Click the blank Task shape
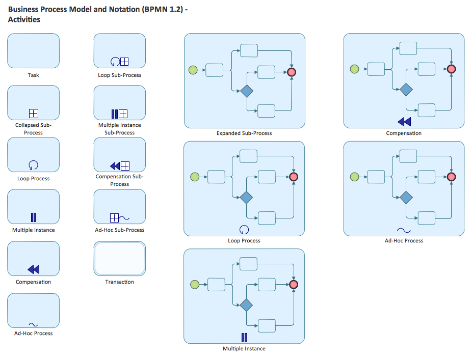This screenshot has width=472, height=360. pos(33,50)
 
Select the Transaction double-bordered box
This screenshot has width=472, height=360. pos(120,258)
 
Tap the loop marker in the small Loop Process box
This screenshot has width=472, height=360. pos(34,165)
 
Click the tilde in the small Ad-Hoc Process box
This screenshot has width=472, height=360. pos(34,324)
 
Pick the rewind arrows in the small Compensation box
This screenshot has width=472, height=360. pos(34,269)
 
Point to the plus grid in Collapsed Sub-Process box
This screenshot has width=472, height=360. pos(34,113)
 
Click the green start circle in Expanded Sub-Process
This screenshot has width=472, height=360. pos(193,70)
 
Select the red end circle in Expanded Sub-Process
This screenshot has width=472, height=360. pos(292,72)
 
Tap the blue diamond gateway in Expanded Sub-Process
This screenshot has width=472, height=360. pos(247,91)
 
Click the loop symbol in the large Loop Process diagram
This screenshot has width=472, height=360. pos(244,229)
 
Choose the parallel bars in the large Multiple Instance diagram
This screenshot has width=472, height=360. pos(244,337)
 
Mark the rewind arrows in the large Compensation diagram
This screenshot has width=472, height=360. pos(404,121)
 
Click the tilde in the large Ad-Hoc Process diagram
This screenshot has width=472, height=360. pos(404,230)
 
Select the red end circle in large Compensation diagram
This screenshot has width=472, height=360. pos(452,69)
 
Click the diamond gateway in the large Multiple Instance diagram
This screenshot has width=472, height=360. pos(247,306)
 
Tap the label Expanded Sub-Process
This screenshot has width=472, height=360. pos(244,133)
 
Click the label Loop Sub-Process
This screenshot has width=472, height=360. pos(120,75)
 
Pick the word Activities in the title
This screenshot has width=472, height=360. pos(24,20)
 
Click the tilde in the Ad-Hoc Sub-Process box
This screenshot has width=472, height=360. pos(125,218)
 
